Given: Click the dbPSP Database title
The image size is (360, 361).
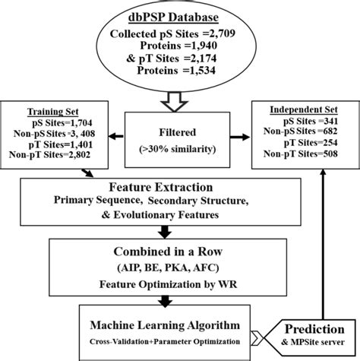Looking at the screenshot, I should click(x=179, y=17).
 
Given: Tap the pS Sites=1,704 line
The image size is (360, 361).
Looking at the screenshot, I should click(x=51, y=121).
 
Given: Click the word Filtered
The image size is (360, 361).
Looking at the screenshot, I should click(x=179, y=129).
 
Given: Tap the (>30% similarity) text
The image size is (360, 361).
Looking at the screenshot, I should click(x=179, y=151).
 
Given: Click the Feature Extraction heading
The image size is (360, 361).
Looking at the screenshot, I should click(x=178, y=187).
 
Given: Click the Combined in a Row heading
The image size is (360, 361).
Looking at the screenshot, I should click(x=178, y=251).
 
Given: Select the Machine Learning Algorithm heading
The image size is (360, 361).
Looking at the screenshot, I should click(x=167, y=325).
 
